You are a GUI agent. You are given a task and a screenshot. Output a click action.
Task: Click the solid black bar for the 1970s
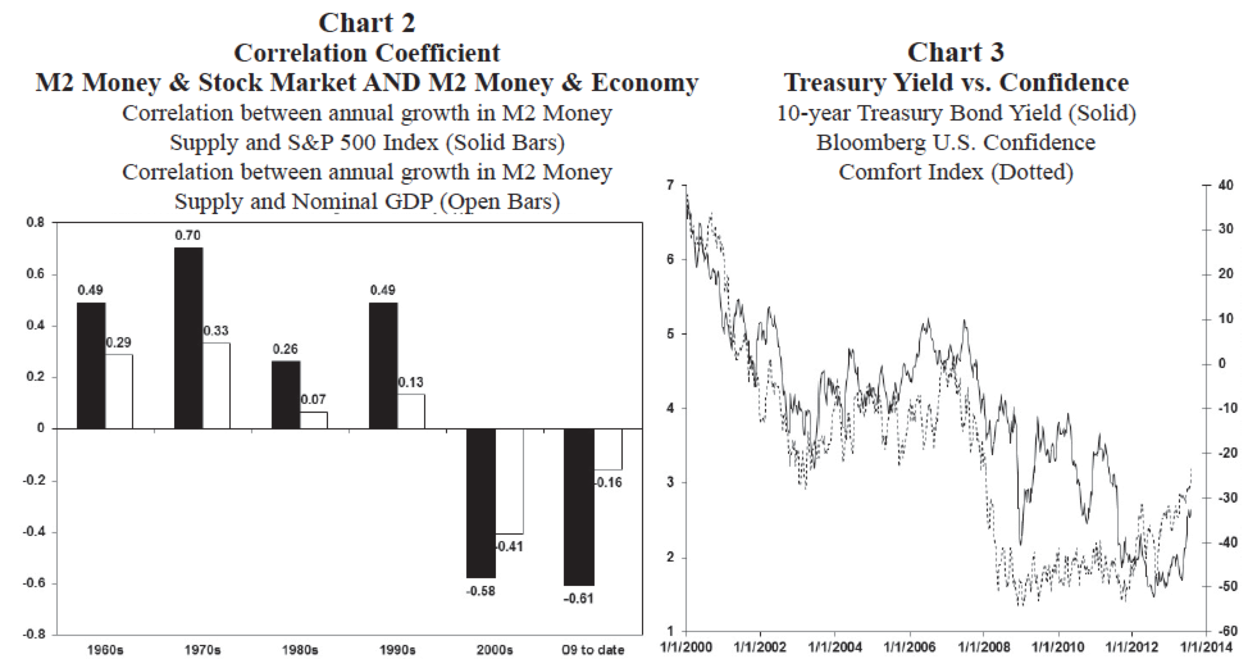click(x=188, y=338)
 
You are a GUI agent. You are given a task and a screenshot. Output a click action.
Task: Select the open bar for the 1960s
click(x=119, y=391)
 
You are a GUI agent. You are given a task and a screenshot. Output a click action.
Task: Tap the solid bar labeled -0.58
click(x=480, y=503)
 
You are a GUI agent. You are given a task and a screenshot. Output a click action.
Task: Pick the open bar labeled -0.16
click(x=608, y=449)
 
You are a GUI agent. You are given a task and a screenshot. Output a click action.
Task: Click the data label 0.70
click(x=188, y=236)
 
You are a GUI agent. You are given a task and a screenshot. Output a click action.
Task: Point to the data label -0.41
click(x=509, y=547)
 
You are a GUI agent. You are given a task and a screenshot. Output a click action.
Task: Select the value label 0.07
click(x=313, y=399)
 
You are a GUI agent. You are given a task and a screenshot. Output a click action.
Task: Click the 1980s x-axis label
click(x=300, y=650)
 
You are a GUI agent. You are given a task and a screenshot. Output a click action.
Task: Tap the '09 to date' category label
click(x=593, y=650)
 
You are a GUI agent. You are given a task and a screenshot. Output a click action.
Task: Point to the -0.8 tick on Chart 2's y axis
click(x=36, y=635)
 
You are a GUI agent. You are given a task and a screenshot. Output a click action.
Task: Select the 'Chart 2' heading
click(x=366, y=23)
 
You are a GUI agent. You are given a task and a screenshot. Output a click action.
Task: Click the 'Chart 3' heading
click(x=955, y=53)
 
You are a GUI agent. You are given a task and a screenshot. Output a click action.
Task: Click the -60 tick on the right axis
click(x=1226, y=632)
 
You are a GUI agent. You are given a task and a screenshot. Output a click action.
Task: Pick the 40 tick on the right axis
click(x=1225, y=185)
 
